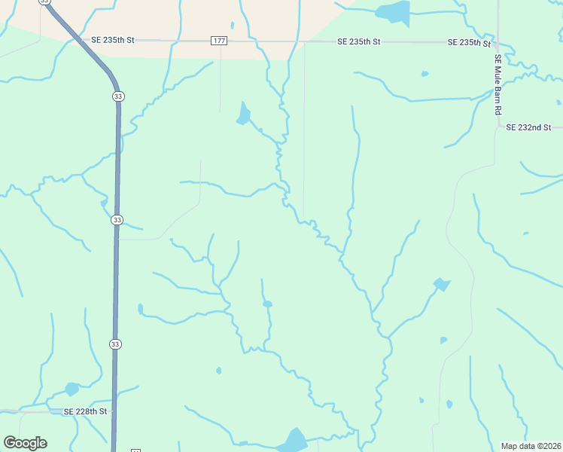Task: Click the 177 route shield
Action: [219, 41]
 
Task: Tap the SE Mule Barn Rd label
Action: [498, 84]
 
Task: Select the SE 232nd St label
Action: [528, 127]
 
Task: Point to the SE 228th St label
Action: [86, 411]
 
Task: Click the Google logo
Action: [25, 443]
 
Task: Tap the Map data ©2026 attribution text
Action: [530, 445]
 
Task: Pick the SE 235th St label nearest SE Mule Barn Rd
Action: [469, 42]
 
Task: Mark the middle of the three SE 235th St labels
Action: [358, 41]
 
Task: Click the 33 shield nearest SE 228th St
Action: [115, 344]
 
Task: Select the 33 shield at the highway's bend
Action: [118, 96]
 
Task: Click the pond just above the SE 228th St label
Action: [72, 389]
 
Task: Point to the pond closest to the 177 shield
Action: [242, 115]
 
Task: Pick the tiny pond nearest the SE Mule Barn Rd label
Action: [425, 74]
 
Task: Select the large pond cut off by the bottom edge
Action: [292, 441]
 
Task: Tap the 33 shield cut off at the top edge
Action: [44, 2]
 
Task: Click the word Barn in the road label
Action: [498, 91]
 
